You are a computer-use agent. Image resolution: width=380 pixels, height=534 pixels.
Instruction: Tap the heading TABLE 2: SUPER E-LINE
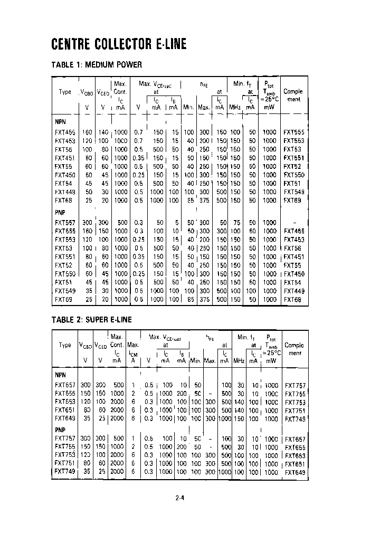click(91, 319)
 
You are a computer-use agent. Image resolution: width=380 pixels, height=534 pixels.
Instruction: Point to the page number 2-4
click(180, 497)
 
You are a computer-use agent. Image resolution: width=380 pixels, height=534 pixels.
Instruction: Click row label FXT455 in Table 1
click(65, 132)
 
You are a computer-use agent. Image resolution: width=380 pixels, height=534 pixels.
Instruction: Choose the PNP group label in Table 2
click(60, 430)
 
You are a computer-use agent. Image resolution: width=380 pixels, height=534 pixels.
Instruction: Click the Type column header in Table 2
click(65, 345)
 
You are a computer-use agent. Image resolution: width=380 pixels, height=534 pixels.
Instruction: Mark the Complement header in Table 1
click(293, 95)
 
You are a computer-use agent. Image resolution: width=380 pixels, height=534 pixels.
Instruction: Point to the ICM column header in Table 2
click(134, 353)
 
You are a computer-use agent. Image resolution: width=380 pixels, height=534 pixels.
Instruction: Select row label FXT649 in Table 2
click(65, 419)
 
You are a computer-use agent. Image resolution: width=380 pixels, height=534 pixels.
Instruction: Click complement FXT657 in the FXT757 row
click(295, 438)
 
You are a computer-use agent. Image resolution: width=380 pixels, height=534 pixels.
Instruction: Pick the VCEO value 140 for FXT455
click(104, 132)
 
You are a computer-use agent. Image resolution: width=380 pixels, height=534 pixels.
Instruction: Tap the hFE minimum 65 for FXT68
click(189, 200)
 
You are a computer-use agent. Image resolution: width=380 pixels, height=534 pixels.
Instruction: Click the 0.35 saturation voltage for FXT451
click(139, 157)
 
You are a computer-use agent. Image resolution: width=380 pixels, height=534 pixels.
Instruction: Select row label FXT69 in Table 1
click(63, 299)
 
